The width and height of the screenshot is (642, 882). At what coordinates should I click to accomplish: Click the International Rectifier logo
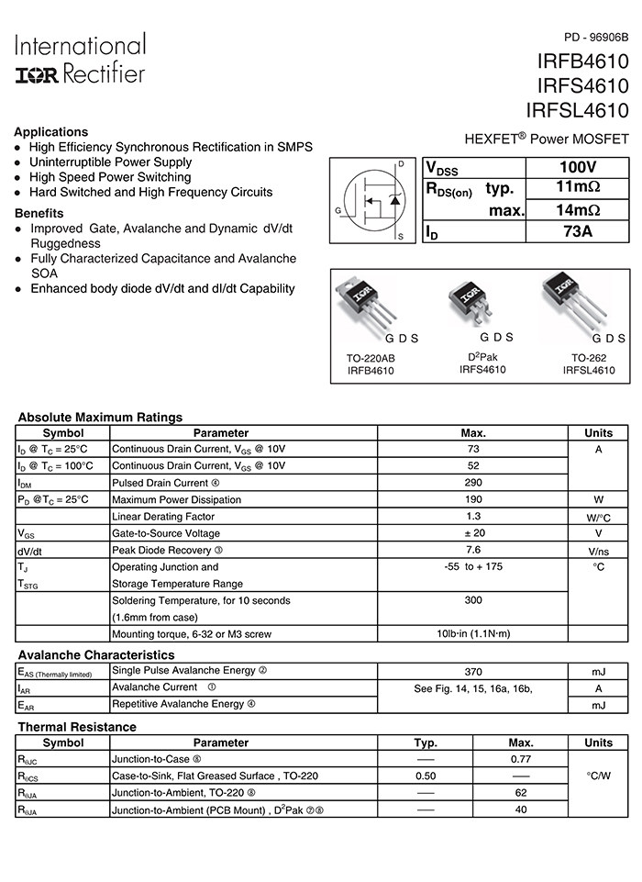[80, 60]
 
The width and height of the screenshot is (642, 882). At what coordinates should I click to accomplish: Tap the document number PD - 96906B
[596, 38]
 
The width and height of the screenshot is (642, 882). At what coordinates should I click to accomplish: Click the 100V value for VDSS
[577, 168]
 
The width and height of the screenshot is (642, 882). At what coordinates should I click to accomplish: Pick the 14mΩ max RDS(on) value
[577, 209]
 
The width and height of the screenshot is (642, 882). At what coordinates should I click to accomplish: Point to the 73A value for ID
[577, 231]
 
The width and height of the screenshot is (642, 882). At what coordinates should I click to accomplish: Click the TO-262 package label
[589, 358]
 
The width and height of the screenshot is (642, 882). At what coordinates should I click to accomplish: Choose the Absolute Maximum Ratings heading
[100, 418]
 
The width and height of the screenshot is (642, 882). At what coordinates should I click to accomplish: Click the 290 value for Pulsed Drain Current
[473, 483]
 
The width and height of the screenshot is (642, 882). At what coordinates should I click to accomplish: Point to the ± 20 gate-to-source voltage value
[473, 533]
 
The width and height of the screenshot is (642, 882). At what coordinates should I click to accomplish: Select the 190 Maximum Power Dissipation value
[473, 499]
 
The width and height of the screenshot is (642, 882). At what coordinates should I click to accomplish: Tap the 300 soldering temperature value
[473, 600]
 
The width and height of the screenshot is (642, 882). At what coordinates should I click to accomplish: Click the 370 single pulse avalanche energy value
[473, 672]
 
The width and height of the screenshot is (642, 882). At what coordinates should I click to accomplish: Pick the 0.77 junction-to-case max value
[521, 759]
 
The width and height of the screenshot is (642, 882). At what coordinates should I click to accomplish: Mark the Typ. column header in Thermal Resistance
[426, 742]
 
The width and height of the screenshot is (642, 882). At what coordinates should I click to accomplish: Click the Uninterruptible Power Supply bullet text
[110, 162]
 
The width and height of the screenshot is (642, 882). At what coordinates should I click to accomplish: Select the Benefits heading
[39, 213]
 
